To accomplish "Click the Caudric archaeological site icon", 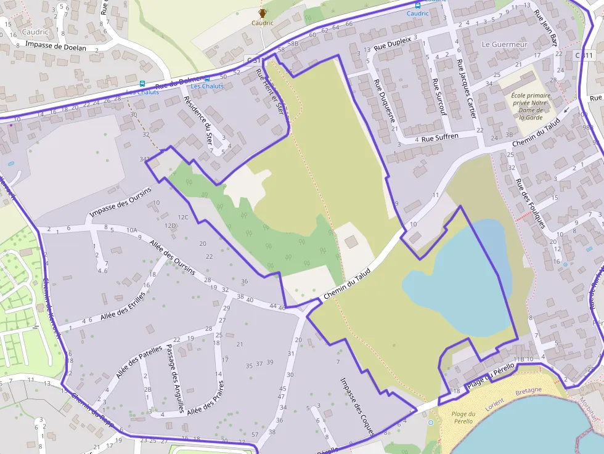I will click(x=263, y=13).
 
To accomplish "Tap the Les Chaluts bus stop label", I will click(x=207, y=86).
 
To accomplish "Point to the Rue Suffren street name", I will click(x=441, y=137).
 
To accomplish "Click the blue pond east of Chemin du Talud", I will click(x=456, y=277).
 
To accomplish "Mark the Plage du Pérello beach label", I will click(x=463, y=417).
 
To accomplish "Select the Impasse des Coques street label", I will click(x=357, y=406).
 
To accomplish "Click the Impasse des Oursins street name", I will click(x=120, y=201).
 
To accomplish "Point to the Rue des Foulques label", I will click(x=531, y=203).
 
